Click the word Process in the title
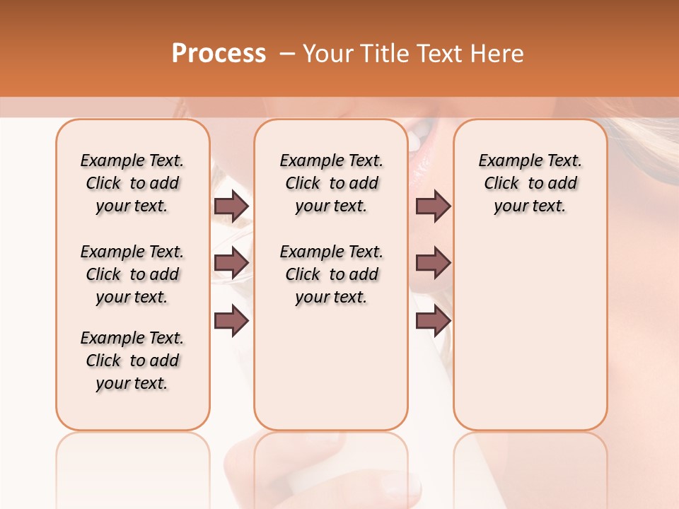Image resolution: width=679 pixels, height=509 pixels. point(219,54)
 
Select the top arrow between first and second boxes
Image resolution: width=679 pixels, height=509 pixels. point(231,206)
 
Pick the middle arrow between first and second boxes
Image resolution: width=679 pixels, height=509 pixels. point(231,263)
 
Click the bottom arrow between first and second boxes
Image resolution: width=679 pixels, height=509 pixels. point(231,320)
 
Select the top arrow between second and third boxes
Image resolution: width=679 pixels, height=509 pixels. point(433,206)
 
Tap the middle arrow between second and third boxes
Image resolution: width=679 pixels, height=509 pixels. point(433,263)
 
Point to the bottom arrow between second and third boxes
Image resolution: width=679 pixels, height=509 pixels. point(433,320)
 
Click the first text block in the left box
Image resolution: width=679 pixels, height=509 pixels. point(132,183)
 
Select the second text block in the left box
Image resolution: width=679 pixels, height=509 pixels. point(132,274)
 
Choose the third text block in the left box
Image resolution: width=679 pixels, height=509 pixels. point(132,361)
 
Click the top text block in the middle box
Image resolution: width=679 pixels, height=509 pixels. point(331,183)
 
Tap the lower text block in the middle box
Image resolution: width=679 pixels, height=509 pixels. point(331,274)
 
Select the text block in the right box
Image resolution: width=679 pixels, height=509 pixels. point(530,183)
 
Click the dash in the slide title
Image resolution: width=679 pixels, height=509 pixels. point(287,54)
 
